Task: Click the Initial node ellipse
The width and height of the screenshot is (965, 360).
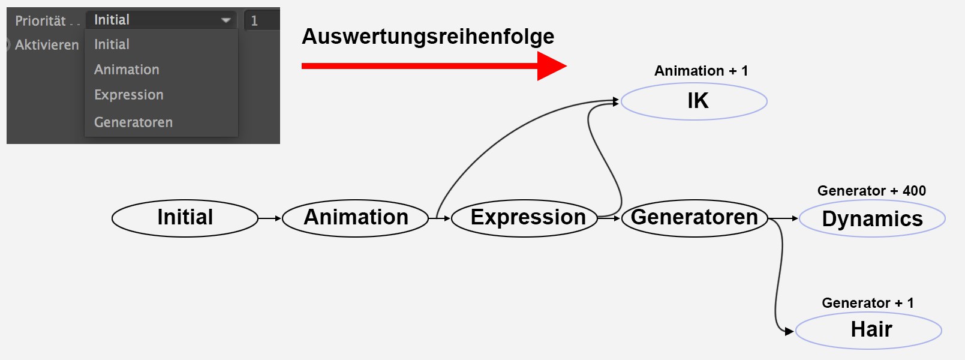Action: click(x=185, y=218)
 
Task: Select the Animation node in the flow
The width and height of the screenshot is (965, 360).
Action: click(x=355, y=218)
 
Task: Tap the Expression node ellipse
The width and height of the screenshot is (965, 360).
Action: click(x=525, y=218)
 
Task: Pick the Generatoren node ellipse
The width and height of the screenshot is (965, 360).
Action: click(x=695, y=218)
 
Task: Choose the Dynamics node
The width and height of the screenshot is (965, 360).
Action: click(x=872, y=218)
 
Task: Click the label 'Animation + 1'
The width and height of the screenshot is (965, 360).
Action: click(x=701, y=71)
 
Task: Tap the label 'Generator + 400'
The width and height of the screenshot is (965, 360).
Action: click(x=871, y=191)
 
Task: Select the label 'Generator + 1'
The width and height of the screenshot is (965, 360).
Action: click(x=867, y=303)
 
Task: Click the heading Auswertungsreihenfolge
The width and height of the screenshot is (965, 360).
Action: click(x=428, y=37)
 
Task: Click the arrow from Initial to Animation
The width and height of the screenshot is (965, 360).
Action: click(x=270, y=218)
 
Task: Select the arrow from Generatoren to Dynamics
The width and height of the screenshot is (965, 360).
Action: click(x=783, y=218)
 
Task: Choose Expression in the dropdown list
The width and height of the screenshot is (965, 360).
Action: click(x=129, y=95)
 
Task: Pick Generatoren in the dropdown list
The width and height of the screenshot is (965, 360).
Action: click(x=133, y=122)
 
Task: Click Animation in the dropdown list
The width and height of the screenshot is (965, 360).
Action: click(x=127, y=70)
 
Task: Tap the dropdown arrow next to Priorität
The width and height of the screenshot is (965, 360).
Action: click(x=226, y=20)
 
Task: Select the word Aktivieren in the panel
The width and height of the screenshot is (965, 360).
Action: click(x=47, y=45)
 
